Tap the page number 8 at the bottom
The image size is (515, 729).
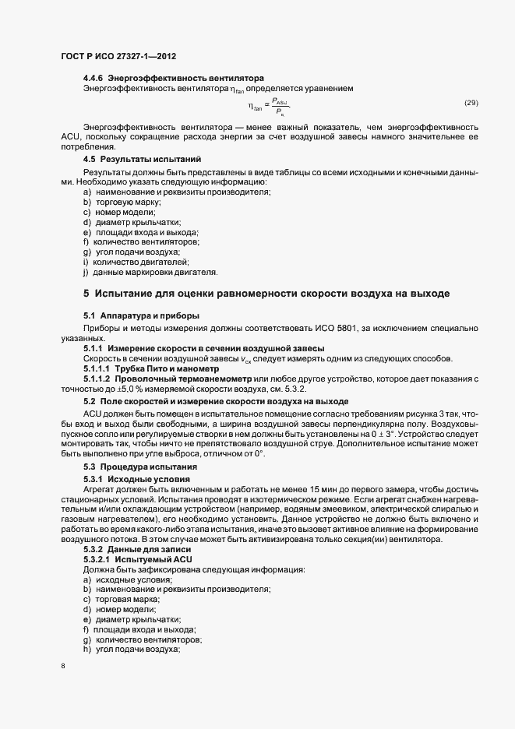[64, 666]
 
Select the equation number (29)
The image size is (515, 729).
[471, 103]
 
